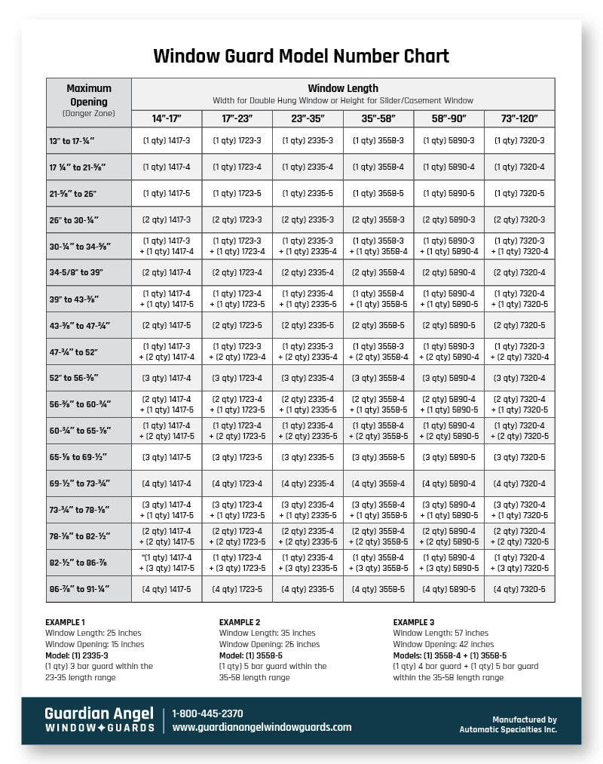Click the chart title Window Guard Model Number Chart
(x=301, y=57)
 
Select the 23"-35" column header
(x=308, y=119)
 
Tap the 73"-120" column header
(x=519, y=119)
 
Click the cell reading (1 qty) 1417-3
(x=167, y=140)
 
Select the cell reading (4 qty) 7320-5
(x=519, y=589)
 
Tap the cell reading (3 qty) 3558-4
(x=378, y=378)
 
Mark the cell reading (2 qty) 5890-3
(x=448, y=219)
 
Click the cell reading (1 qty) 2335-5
(x=308, y=193)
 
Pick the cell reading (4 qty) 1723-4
(x=237, y=483)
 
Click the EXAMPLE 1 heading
(x=66, y=621)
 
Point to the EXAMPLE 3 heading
(x=414, y=621)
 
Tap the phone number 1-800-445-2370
(x=207, y=713)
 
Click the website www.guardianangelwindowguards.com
(x=262, y=727)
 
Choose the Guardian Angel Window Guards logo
(x=99, y=720)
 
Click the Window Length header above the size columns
(x=343, y=88)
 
